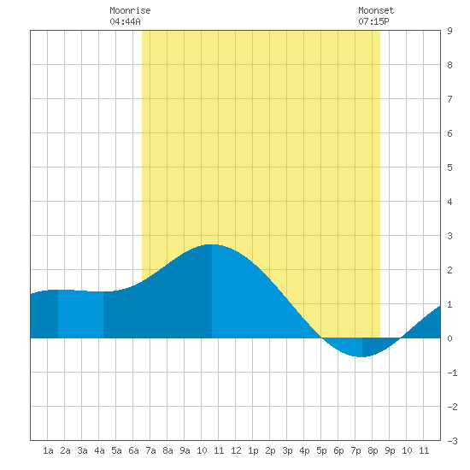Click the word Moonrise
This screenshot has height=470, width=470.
130,10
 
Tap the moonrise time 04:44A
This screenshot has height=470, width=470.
125,21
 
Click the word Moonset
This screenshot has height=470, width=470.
376,10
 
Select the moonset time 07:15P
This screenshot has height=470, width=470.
373,21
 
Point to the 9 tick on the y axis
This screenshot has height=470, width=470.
449,31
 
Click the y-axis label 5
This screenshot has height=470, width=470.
449,167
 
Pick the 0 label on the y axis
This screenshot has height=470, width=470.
449,338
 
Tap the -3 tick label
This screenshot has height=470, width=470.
452,441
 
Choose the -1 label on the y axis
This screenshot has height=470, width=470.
452,373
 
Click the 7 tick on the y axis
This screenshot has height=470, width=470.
449,99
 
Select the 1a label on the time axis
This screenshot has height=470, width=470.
48,450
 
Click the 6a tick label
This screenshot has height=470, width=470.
133,450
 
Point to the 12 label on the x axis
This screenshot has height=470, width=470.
236,450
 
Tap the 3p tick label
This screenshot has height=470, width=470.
287,450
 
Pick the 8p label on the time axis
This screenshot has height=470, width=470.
373,450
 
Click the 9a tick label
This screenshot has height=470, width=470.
185,450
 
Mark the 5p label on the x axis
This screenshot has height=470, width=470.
321,450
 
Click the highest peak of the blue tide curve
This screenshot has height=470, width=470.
211,244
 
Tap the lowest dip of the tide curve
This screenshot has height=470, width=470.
361,356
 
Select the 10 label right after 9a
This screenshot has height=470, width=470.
202,450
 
